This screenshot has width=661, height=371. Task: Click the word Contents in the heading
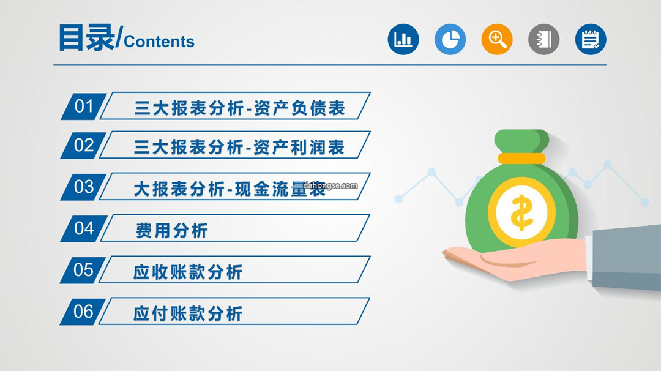click(x=159, y=42)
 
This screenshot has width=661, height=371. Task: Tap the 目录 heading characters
click(x=86, y=37)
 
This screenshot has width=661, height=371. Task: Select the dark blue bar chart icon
click(x=403, y=39)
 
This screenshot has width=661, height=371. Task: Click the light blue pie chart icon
click(x=450, y=39)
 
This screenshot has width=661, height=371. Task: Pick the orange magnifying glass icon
click(x=496, y=39)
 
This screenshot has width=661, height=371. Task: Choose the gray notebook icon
click(x=543, y=39)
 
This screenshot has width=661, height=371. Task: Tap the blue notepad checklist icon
click(x=590, y=39)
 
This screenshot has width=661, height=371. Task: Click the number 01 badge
click(x=83, y=107)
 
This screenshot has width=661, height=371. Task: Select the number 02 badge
click(x=83, y=146)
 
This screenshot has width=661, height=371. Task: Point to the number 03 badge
click(x=83, y=187)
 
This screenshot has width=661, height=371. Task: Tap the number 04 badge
click(x=83, y=228)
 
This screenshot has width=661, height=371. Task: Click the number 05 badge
click(x=83, y=270)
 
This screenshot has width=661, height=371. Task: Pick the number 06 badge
click(x=83, y=312)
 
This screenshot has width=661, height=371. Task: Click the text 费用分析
click(x=172, y=231)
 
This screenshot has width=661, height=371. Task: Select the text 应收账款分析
click(x=188, y=272)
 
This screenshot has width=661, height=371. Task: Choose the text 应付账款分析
click(x=188, y=313)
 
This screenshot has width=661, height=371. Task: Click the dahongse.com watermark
click(x=330, y=185)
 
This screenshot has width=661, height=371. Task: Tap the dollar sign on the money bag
click(x=521, y=212)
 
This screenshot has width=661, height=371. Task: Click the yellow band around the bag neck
click(x=521, y=159)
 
